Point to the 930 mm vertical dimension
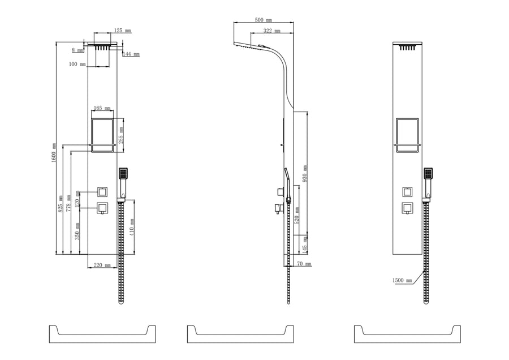(305, 172)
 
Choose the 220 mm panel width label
(102, 265)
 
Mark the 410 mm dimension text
(133, 227)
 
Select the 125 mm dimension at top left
(122, 30)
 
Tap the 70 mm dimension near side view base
(303, 264)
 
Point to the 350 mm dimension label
(77, 230)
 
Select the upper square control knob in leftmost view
(102, 191)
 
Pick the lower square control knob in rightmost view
(407, 207)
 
